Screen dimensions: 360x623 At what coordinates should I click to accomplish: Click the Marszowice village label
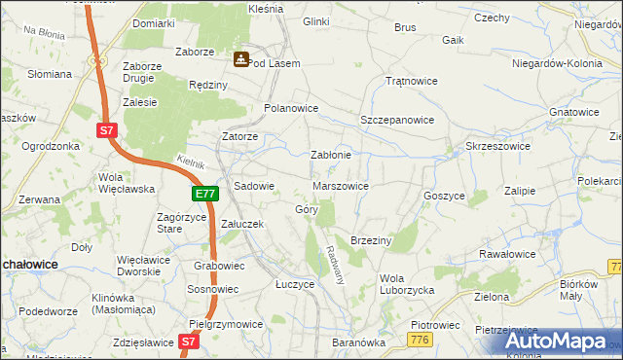click(340, 186)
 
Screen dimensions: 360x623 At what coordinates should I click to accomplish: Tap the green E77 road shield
click(204, 195)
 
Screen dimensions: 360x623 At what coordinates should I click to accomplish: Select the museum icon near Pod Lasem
click(239, 60)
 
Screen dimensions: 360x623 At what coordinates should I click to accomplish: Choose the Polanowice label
click(291, 108)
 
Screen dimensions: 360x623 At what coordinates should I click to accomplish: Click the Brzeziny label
click(370, 240)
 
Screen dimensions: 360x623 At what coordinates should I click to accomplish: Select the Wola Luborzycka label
click(406, 283)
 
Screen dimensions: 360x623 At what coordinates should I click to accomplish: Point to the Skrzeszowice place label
click(497, 146)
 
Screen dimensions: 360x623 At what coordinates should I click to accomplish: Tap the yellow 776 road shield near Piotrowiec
click(421, 339)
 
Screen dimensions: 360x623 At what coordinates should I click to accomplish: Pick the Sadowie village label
click(254, 186)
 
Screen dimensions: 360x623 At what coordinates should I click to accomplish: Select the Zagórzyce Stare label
click(183, 223)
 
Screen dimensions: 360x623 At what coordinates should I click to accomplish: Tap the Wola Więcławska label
click(121, 183)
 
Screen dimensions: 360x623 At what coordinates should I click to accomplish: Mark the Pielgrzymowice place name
click(226, 324)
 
